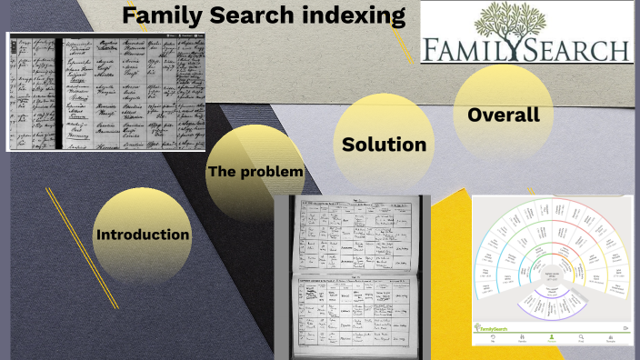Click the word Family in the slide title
(158, 15)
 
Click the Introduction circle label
(143, 235)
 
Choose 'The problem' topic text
(255, 171)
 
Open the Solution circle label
(384, 145)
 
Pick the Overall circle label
(503, 115)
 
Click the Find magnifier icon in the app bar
(581, 337)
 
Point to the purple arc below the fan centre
(552, 316)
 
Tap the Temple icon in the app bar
(612, 337)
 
